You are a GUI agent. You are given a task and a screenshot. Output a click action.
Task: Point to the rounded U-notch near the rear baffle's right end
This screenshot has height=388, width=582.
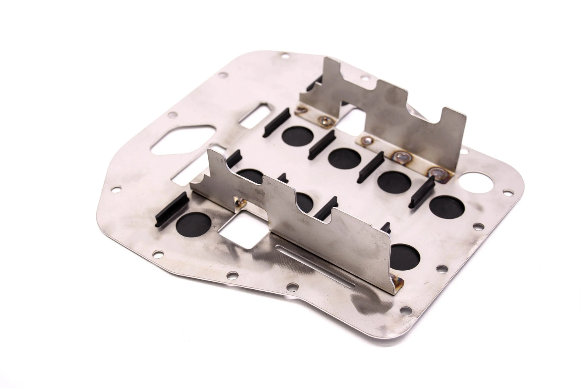pos(434,121)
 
